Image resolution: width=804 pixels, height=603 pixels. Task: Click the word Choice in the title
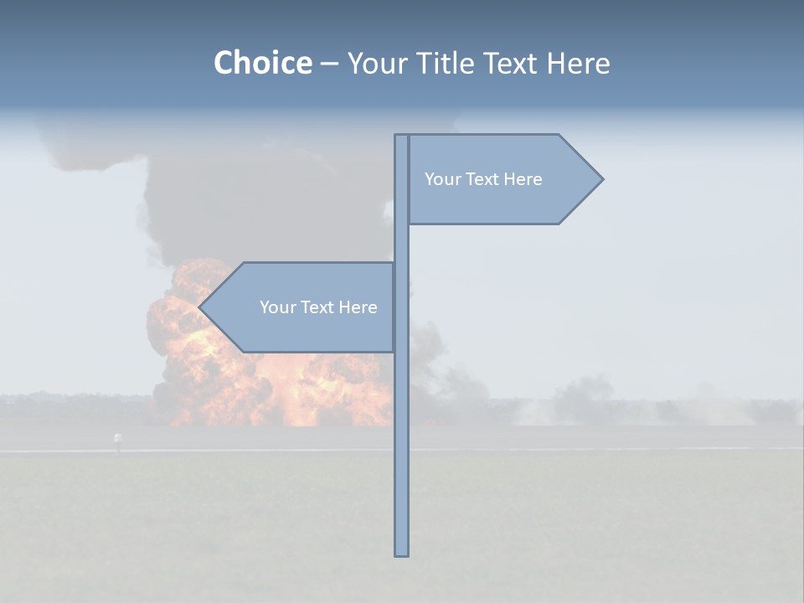click(x=262, y=63)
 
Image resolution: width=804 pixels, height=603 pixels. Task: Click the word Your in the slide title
click(x=378, y=63)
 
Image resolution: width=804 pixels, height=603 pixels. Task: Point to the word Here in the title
click(x=578, y=63)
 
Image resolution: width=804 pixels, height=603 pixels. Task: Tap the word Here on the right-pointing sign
click(x=523, y=179)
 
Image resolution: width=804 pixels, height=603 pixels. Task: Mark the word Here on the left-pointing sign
click(x=358, y=307)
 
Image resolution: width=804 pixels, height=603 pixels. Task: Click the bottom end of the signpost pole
click(x=401, y=553)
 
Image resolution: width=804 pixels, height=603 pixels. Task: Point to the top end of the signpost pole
click(x=401, y=137)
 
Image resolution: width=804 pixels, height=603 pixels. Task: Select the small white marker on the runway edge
click(x=117, y=438)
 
